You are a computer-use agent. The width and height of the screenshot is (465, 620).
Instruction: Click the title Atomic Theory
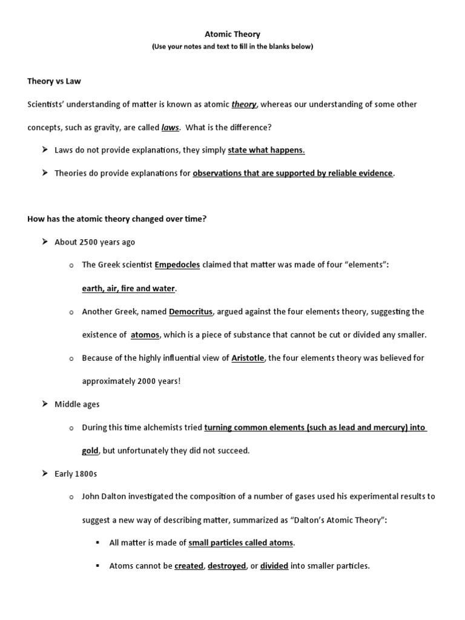pos(232,35)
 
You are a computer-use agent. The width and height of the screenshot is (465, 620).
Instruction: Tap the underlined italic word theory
pos(244,104)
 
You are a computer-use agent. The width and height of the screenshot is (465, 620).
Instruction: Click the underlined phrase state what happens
pos(266,150)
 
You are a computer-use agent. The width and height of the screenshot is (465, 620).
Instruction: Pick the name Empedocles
pos(177,265)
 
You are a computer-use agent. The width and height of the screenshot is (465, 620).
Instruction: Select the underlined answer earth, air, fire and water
pos(128,288)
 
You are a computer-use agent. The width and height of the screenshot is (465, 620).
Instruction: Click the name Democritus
pos(191,311)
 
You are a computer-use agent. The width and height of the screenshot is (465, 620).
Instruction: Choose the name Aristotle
pos(248,358)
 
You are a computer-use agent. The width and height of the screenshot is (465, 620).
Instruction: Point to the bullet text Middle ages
pos(77,404)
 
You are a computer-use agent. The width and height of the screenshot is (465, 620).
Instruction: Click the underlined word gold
pos(90,450)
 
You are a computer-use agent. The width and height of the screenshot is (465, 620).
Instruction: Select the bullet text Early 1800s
pos(76,473)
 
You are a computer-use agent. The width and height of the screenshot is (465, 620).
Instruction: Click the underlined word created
pos(189,566)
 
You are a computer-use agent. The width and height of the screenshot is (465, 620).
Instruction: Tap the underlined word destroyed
pos(227,566)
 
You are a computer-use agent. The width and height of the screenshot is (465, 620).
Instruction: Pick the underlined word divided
pos(274,566)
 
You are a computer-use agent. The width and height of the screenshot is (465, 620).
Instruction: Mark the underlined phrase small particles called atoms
pos(241,542)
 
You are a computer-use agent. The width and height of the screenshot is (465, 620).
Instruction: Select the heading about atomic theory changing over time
pos(117,219)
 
